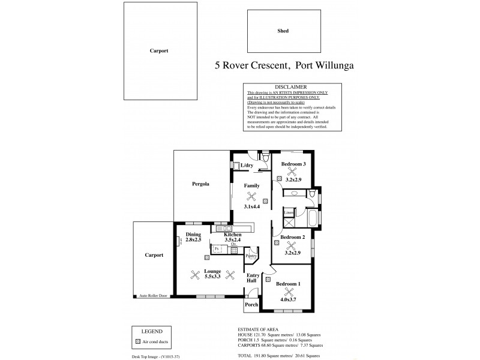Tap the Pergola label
(x=200, y=184)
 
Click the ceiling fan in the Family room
(x=251, y=196)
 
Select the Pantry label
(x=251, y=256)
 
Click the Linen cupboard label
(x=289, y=212)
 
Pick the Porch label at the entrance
(x=251, y=304)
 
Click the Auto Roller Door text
(x=153, y=296)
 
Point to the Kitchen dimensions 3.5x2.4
(x=232, y=240)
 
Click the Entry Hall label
(x=253, y=280)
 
